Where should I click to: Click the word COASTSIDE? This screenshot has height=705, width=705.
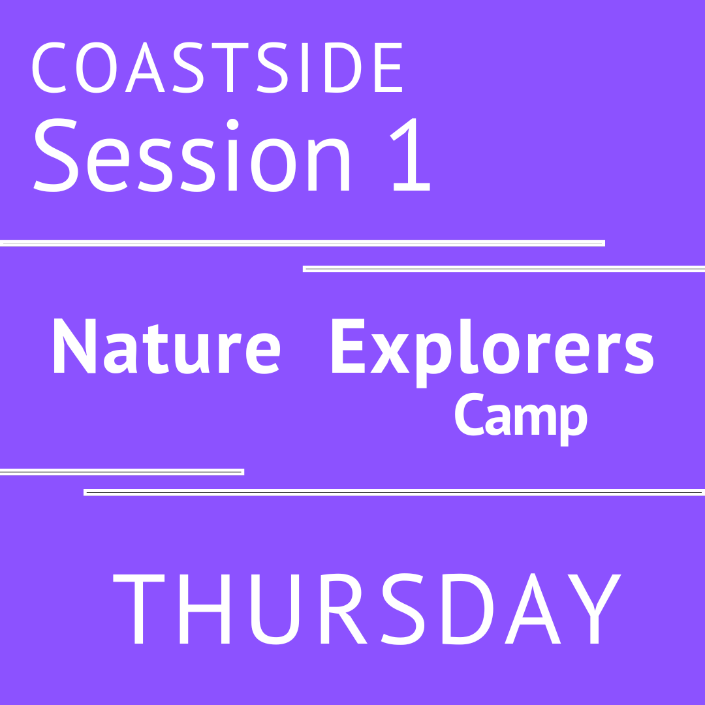217,69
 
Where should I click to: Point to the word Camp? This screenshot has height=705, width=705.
521,418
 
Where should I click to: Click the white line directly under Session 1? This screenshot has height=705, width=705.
302,243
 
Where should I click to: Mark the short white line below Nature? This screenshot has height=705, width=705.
121,472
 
